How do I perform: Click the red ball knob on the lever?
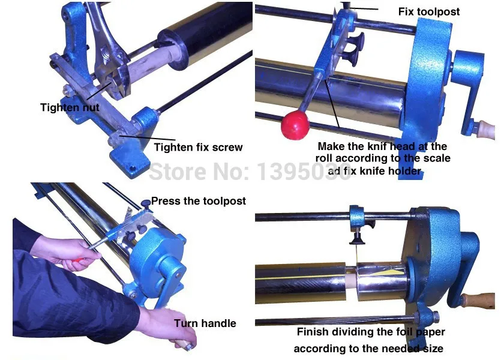(x=295, y=125)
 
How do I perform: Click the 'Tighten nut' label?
(x=70, y=107)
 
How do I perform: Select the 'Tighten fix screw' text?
(x=198, y=147)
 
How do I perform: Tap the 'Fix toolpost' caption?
(x=429, y=11)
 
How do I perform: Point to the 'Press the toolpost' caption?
(x=199, y=201)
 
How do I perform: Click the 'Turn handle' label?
(x=205, y=323)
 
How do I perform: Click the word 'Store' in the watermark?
(x=178, y=171)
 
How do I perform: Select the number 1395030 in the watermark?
(x=304, y=171)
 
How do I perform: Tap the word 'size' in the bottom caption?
(x=433, y=349)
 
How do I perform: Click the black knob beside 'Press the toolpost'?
(x=146, y=203)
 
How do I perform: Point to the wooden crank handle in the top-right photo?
(x=485, y=130)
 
